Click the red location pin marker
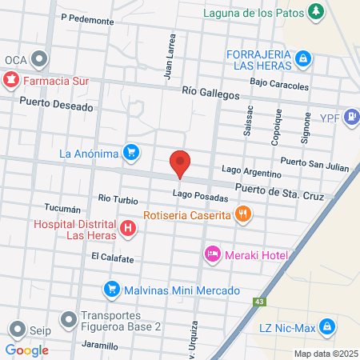click(x=180, y=163)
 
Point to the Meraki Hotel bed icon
click(x=213, y=254)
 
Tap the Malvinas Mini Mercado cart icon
click(x=112, y=289)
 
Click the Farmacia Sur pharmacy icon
click(x=11, y=80)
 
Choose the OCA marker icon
click(x=39, y=60)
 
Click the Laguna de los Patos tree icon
click(x=318, y=10)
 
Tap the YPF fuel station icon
click(x=351, y=118)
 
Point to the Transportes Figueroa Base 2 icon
click(x=70, y=320)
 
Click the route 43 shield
click(x=258, y=302)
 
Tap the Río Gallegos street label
click(x=210, y=94)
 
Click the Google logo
click(x=26, y=350)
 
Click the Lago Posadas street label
click(x=194, y=195)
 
